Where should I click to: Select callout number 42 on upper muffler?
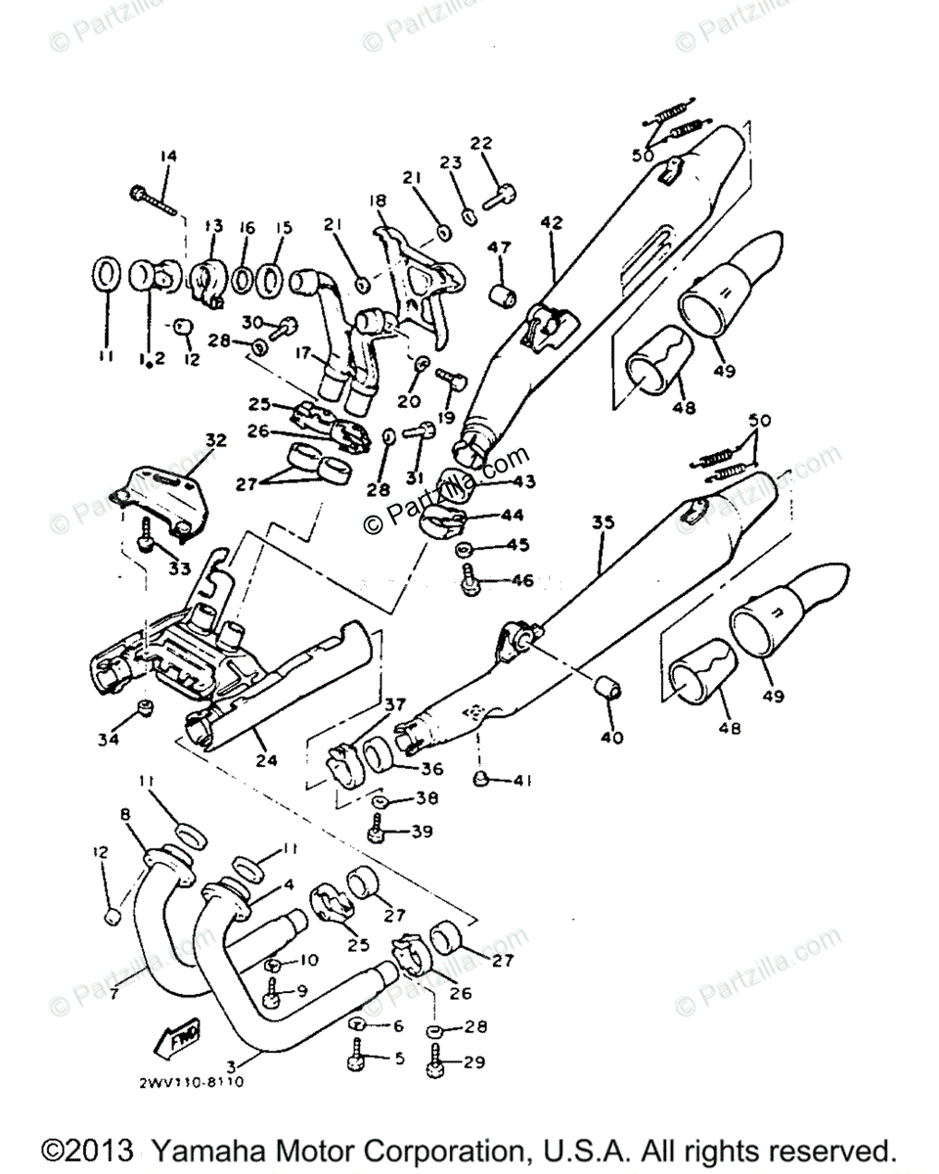click(552, 222)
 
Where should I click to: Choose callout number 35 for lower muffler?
click(603, 523)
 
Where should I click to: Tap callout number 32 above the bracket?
click(214, 440)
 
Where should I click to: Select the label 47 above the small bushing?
click(500, 248)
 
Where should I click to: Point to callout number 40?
click(612, 738)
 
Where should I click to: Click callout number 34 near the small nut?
click(108, 740)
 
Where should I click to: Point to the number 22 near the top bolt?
click(481, 143)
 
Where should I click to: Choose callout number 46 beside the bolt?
click(522, 580)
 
